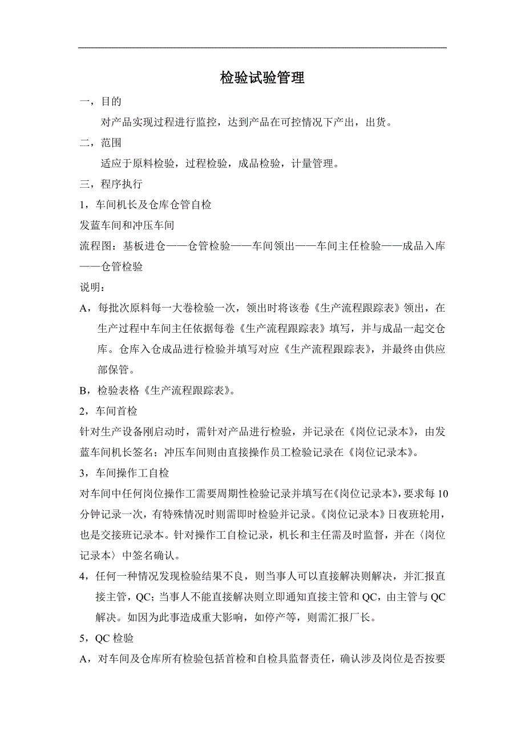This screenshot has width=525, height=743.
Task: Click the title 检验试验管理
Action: click(262, 78)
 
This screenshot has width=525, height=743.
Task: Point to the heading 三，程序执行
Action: click(111, 184)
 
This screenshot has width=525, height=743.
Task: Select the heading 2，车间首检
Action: click(108, 411)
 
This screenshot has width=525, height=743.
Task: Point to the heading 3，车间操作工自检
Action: click(124, 473)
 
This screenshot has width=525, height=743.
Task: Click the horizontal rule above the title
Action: click(262, 48)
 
